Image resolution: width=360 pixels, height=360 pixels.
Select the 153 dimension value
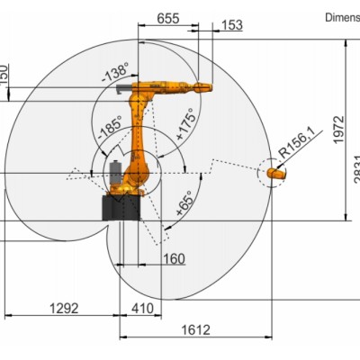[x=231, y=25]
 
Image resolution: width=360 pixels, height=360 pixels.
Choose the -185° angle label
[x=110, y=128]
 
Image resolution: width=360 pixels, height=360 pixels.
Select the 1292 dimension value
[x=64, y=308]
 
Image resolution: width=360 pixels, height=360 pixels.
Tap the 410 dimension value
[x=141, y=308]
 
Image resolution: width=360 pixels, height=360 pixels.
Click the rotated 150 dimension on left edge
[x=4, y=72]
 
